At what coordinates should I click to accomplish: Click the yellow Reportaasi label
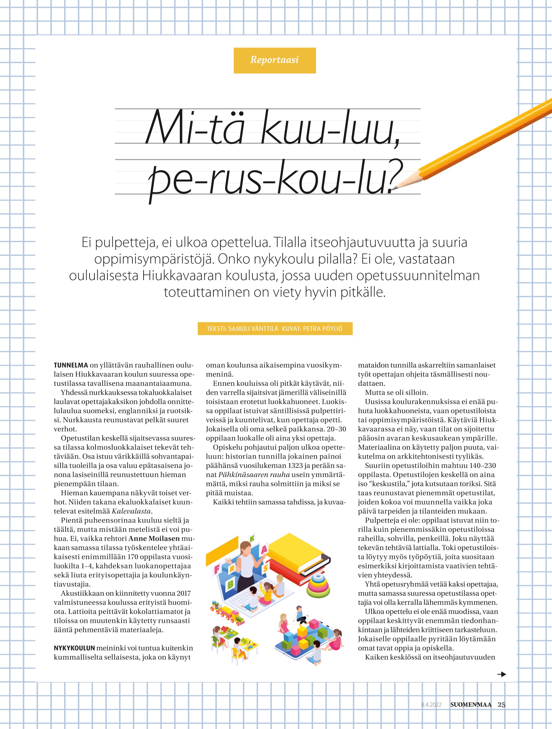pyautogui.click(x=275, y=60)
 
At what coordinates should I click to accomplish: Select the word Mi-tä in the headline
pyautogui.click(x=195, y=127)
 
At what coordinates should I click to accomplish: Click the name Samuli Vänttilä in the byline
pyautogui.click(x=253, y=329)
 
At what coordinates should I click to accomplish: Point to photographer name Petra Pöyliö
pyautogui.click(x=323, y=329)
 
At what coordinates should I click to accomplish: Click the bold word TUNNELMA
pyautogui.click(x=71, y=365)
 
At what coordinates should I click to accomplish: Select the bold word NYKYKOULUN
pyautogui.click(x=74, y=648)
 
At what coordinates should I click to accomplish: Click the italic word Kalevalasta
pyautogui.click(x=131, y=511)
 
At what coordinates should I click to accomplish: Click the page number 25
pyautogui.click(x=502, y=705)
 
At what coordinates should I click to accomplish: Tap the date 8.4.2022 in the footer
pyautogui.click(x=431, y=705)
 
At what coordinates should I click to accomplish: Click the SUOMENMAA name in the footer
pyautogui.click(x=471, y=705)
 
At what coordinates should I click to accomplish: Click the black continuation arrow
pyautogui.click(x=502, y=674)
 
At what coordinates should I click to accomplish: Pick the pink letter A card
pyautogui.click(x=264, y=550)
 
